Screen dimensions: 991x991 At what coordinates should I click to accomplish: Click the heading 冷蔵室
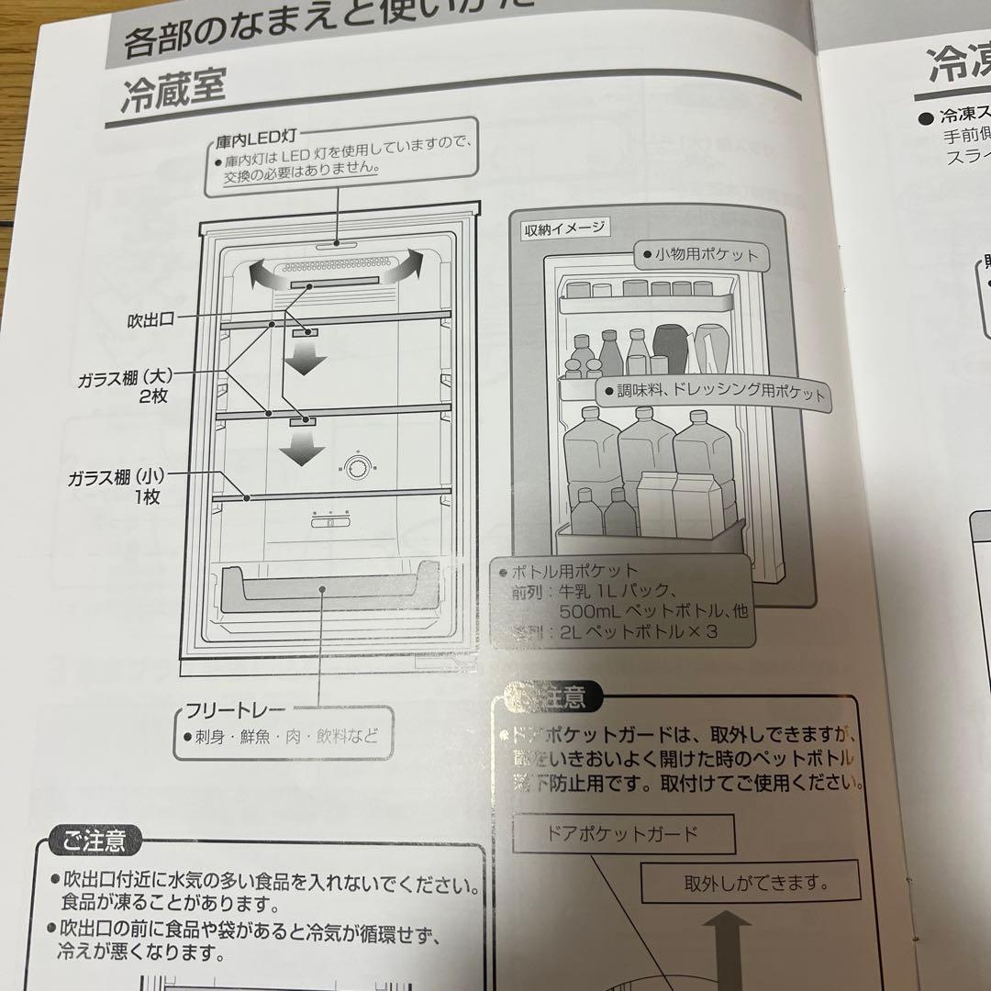pos(173,92)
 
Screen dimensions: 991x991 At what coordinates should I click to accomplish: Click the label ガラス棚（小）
pos(114,477)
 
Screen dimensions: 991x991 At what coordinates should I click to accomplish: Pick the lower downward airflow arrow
pos(302,448)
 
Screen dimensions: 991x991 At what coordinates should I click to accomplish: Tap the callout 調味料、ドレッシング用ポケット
pos(714,393)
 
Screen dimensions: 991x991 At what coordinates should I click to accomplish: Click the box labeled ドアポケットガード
pos(623,834)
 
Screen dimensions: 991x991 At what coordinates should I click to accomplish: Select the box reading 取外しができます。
pos(750,884)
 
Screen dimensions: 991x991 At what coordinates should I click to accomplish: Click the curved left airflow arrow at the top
pos(265,272)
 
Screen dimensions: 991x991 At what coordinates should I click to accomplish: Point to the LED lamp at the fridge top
pos(339,243)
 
